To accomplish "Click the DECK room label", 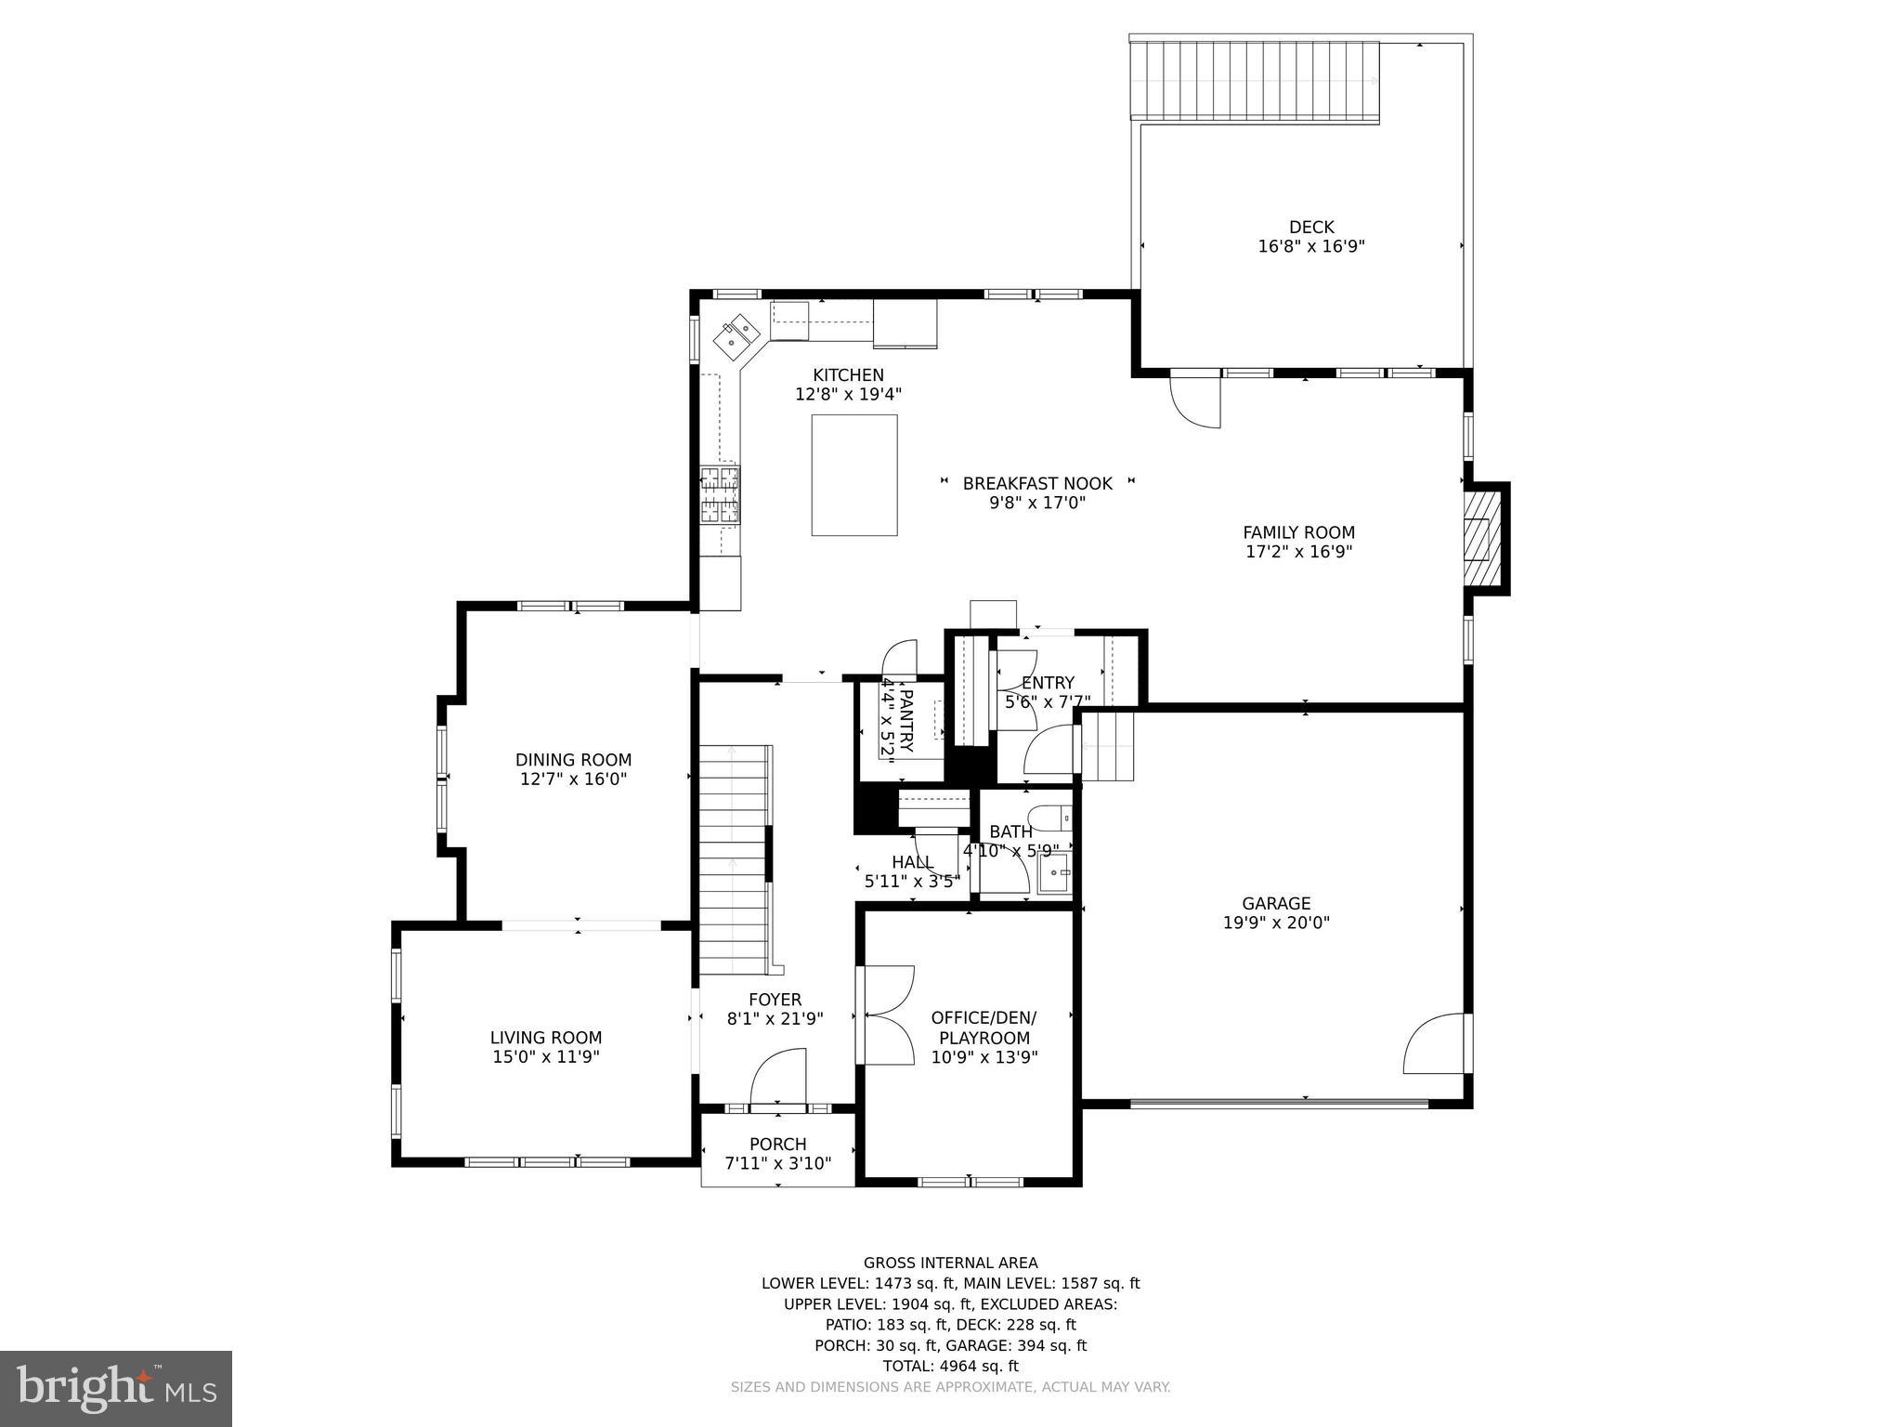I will coord(1310,227).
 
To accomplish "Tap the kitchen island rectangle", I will coord(853,475).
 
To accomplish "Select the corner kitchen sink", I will coord(739,336).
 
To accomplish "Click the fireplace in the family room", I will coord(1482,539).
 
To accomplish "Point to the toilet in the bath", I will coord(1050,818).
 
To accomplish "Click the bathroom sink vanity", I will coord(1054,873).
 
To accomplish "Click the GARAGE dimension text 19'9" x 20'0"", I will coord(1276,923).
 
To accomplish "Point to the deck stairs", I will coord(1255,82).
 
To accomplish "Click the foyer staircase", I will coord(734,859).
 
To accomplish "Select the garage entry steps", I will coord(1108,746).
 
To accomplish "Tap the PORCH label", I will coord(777,1144).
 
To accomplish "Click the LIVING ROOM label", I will coord(546,1038).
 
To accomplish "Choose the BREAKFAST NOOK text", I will coord(1036,483).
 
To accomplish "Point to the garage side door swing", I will coord(1436,1045).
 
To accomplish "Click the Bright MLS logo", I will coord(116,1387).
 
